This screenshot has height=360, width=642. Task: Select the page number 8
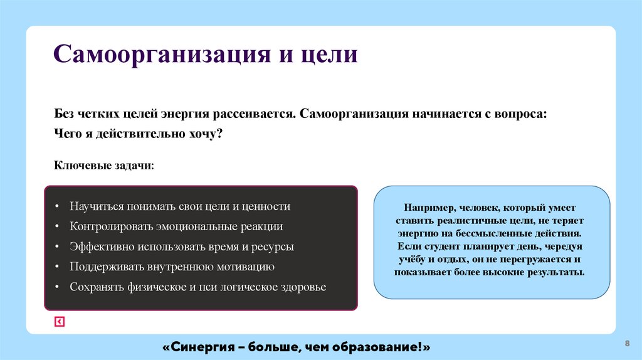(x=627, y=344)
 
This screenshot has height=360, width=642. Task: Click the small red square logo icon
(x=59, y=322)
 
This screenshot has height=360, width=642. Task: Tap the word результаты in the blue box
(x=552, y=273)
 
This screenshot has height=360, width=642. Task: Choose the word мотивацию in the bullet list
(x=246, y=267)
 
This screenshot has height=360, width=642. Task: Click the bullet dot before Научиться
(x=56, y=207)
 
